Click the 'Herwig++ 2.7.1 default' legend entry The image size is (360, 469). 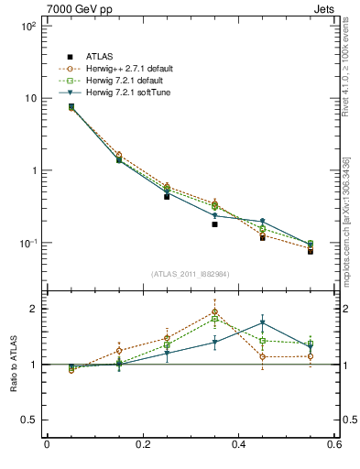click(x=127, y=69)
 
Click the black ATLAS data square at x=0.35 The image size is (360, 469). click(x=214, y=224)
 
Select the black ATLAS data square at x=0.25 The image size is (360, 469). click(x=167, y=196)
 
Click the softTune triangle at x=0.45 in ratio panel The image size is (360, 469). click(x=262, y=322)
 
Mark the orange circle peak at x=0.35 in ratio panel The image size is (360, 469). click(x=214, y=311)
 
